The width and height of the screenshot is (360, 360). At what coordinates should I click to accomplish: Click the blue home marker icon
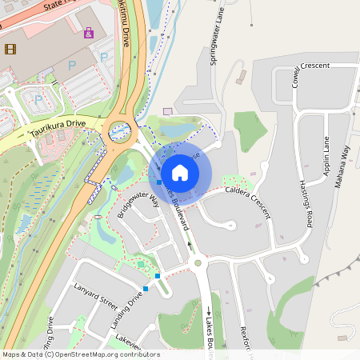[x=180, y=173]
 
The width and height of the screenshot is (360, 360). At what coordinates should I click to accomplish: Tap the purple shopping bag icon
[x=89, y=32]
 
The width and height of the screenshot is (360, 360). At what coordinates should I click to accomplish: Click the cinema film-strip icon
[x=10, y=49]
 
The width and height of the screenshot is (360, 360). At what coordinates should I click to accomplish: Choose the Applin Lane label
[x=326, y=156]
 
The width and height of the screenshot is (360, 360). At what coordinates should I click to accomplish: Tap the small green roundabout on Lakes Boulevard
[x=198, y=262]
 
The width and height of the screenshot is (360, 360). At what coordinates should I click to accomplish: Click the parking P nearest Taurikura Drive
[x=38, y=99]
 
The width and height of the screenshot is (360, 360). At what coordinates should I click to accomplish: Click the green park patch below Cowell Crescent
[x=250, y=130]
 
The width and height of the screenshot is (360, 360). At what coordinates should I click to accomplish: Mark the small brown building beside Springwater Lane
[x=241, y=77]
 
